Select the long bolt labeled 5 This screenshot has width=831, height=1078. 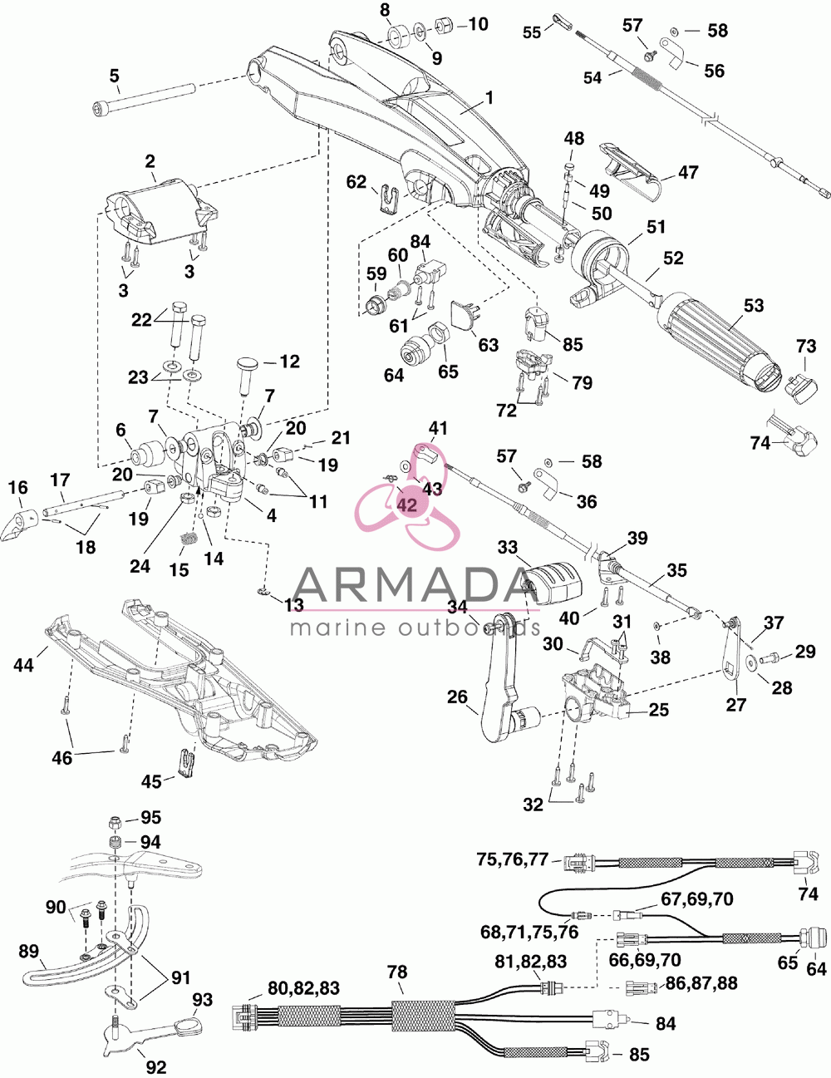coord(146,98)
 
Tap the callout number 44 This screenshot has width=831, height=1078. coord(24,665)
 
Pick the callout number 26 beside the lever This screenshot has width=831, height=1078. coord(457,697)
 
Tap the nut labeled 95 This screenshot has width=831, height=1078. coord(115,824)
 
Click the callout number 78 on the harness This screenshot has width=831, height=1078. coord(397,972)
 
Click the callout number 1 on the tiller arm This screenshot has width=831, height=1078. coord(489,98)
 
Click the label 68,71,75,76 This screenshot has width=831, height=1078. coord(529,932)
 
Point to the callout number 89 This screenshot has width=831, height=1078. coord(29,951)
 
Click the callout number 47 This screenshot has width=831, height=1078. coord(688,172)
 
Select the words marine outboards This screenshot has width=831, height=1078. coord(415,627)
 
